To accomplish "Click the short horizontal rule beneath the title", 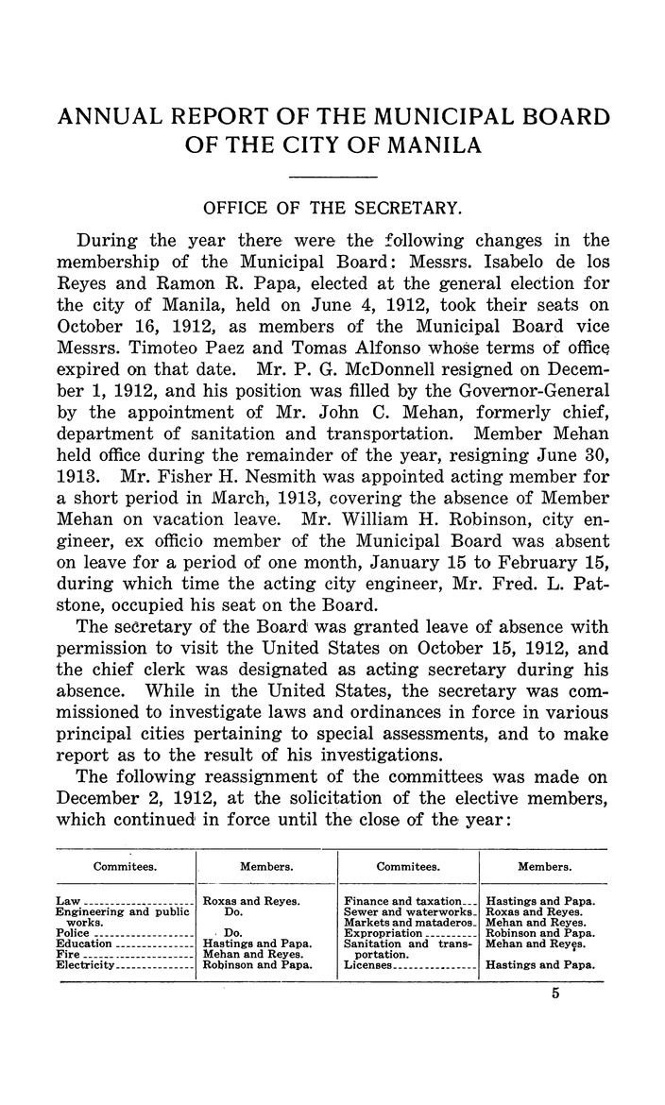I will [x=332, y=178].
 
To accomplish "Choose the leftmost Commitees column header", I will [x=125, y=865].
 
